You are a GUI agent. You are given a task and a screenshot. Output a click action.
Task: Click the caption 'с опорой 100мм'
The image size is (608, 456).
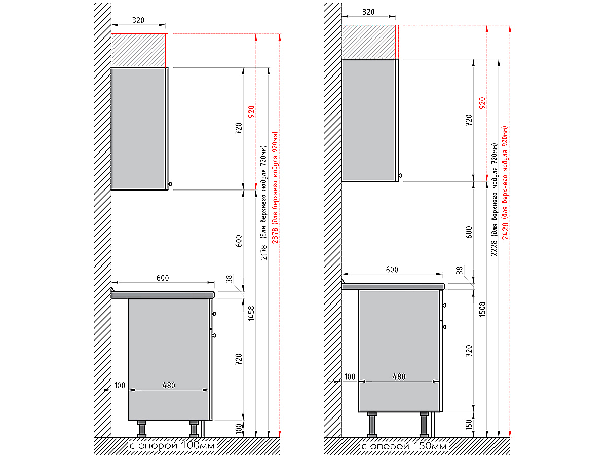[172, 446]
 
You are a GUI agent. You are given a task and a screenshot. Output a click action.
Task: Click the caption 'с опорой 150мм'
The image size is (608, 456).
[403, 446]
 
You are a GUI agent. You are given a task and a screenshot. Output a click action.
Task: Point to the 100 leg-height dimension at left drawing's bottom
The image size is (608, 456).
[239, 429]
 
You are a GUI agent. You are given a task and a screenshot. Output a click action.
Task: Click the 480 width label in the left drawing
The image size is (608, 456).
[169, 385]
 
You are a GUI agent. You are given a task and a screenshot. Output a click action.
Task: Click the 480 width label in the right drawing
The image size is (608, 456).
[399, 377]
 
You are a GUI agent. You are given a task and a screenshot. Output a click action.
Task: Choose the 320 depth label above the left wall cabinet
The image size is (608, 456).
[138, 21]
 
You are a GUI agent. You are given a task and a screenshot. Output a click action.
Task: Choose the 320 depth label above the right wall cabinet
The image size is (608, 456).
[369, 12]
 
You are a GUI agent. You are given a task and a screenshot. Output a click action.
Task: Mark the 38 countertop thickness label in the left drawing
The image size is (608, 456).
[229, 278]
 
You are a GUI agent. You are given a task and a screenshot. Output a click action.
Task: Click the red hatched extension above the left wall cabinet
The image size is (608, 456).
[139, 51]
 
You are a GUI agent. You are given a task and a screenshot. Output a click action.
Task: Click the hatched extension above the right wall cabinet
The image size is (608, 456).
[368, 42]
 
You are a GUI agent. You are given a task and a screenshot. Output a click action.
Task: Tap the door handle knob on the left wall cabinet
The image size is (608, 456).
[171, 184]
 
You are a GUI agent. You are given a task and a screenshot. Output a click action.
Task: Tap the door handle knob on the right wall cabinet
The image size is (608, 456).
[401, 176]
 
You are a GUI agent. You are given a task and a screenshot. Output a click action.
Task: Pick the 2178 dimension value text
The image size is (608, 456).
[263, 252]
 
